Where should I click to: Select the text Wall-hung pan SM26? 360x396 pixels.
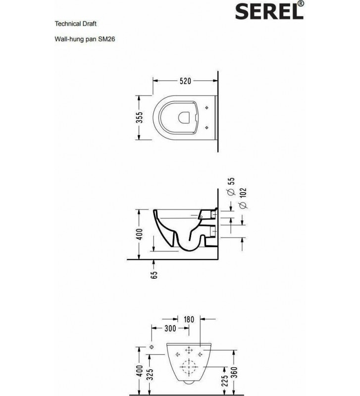(85, 37)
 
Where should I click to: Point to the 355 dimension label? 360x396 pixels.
(140, 117)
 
